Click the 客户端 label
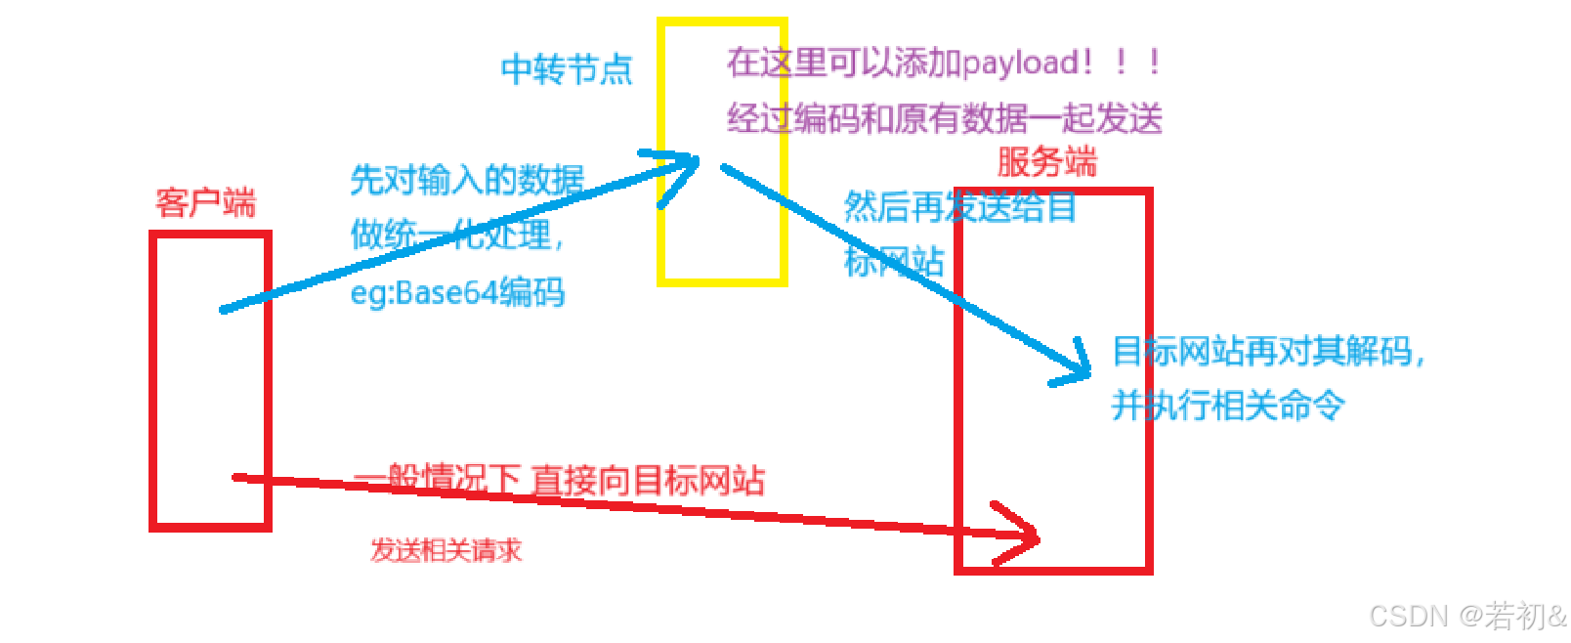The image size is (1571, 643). (205, 203)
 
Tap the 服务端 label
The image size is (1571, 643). (1046, 162)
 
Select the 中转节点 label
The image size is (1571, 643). (567, 69)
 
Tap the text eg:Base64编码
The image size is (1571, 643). (457, 292)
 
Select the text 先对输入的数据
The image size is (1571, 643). (467, 180)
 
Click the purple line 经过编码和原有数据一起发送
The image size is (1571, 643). (945, 119)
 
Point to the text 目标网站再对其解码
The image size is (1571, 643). (1267, 351)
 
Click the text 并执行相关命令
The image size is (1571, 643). (1227, 405)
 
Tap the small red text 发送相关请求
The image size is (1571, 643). (446, 550)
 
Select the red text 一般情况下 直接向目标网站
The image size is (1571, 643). (559, 480)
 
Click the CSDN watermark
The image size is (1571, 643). (1466, 616)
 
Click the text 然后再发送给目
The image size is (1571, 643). (959, 207)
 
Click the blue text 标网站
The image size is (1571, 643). (894, 261)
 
